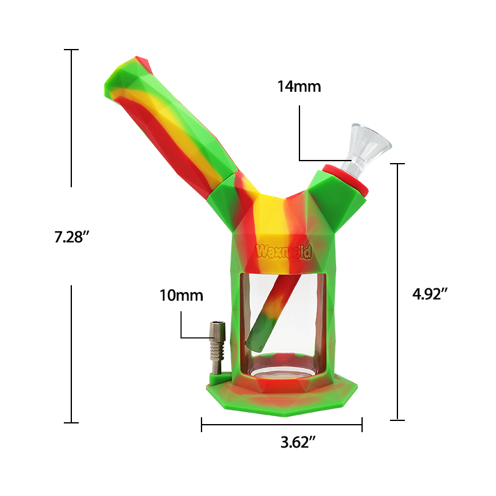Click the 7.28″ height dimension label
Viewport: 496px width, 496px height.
72,237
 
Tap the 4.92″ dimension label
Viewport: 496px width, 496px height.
430,294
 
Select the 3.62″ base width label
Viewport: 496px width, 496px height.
298,442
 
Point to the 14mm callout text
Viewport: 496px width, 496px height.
299,86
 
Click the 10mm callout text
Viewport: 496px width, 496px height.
181,296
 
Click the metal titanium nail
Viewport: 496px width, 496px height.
216,347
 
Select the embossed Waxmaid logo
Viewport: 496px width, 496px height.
284,252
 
